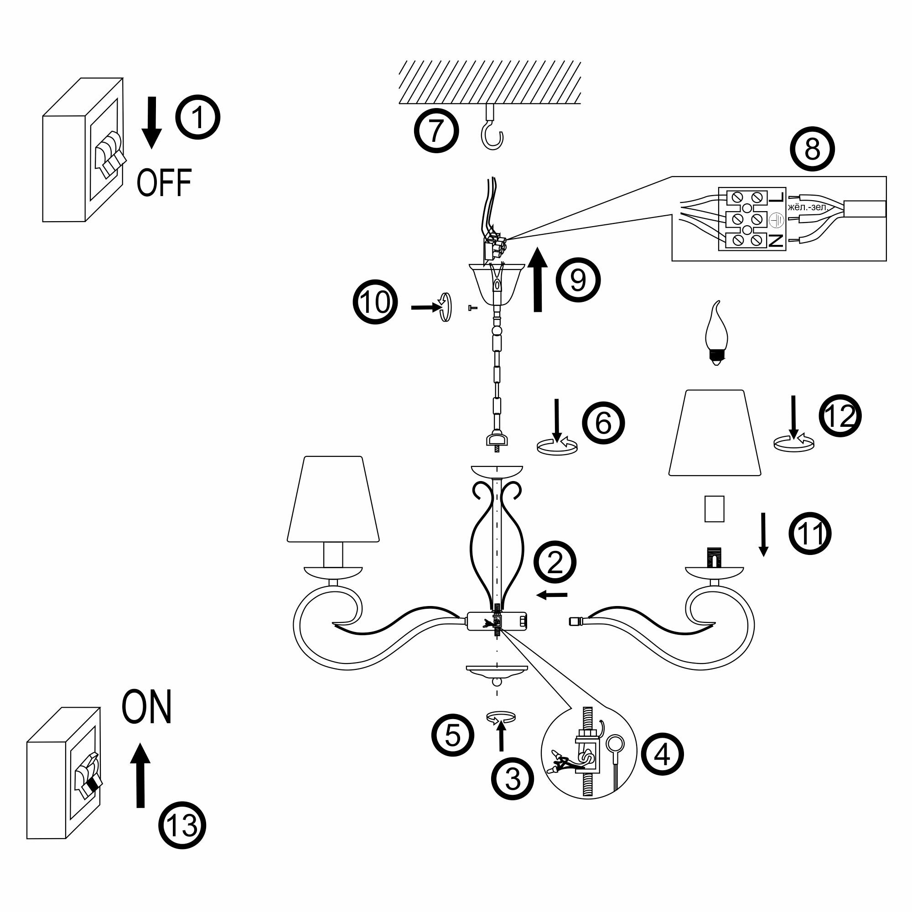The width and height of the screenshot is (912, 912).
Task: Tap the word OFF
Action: (164, 183)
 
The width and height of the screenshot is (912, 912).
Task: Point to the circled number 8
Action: (813, 149)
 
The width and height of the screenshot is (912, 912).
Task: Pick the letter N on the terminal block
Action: (777, 241)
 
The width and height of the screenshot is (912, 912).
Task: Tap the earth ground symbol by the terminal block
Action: (777, 220)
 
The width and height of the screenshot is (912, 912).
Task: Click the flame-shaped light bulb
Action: (716, 332)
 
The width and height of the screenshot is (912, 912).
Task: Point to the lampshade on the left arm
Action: (333, 498)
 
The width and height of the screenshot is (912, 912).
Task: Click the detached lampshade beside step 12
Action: (715, 432)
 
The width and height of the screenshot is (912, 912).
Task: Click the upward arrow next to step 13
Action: (140, 776)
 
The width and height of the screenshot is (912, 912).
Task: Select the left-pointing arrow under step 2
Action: (552, 595)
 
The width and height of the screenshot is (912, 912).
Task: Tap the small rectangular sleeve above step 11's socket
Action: (714, 508)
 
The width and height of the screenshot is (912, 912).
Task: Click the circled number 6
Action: (603, 423)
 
